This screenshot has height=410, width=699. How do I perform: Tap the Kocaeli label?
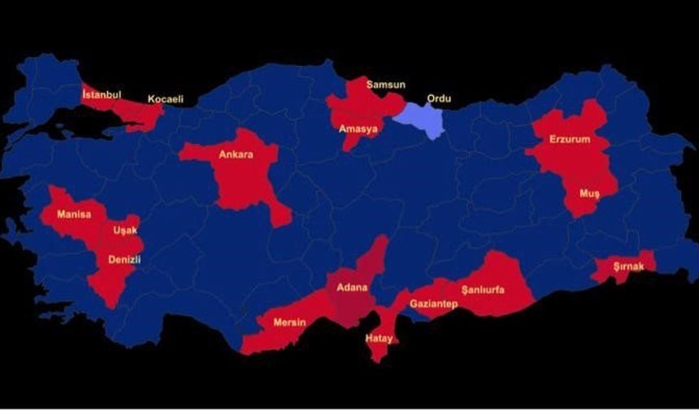click(165, 99)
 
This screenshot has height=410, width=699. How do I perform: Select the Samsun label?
click(385, 84)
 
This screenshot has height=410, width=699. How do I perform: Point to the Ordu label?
click(439, 99)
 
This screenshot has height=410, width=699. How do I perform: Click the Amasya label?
click(358, 129)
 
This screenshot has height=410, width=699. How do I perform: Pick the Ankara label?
click(233, 154)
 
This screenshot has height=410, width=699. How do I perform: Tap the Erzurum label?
click(569, 139)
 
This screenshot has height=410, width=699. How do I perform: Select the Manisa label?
click(74, 215)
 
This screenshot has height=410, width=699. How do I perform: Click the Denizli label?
click(124, 260)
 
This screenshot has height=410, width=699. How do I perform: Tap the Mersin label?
click(289, 322)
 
